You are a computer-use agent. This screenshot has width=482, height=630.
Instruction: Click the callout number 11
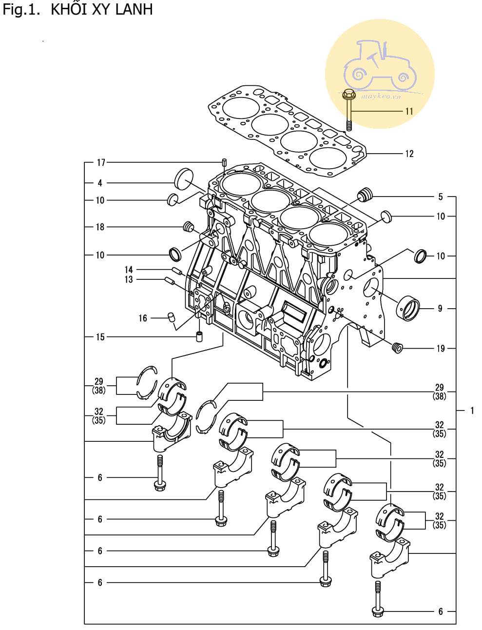[409, 111]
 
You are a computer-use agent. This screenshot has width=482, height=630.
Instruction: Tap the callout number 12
[409, 154]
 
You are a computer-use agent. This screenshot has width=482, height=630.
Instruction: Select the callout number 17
[101, 163]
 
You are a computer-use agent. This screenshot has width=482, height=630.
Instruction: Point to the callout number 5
[441, 197]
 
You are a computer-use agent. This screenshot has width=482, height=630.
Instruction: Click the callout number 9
[440, 308]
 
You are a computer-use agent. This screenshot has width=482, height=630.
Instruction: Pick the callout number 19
[441, 349]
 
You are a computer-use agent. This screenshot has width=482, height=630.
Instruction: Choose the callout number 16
[143, 318]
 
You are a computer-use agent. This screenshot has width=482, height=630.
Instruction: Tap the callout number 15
[100, 337]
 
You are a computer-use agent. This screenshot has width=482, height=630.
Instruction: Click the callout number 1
[472, 411]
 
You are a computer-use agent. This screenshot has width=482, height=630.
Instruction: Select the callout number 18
[100, 227]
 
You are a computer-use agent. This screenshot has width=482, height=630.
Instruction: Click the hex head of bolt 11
[348, 94]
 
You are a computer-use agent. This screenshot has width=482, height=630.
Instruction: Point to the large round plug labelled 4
[184, 179]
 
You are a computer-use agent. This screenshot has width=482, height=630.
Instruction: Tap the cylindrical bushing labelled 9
[408, 308]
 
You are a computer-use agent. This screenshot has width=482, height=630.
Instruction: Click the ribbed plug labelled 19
[397, 347]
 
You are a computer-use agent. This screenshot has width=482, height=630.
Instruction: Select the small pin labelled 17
[224, 162]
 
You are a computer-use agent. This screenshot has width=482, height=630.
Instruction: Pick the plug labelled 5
[365, 195]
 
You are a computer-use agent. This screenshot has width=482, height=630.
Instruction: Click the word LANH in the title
[134, 10]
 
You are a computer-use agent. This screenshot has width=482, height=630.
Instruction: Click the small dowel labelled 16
[172, 317]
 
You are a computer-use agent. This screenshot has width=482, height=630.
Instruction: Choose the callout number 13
[129, 279]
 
